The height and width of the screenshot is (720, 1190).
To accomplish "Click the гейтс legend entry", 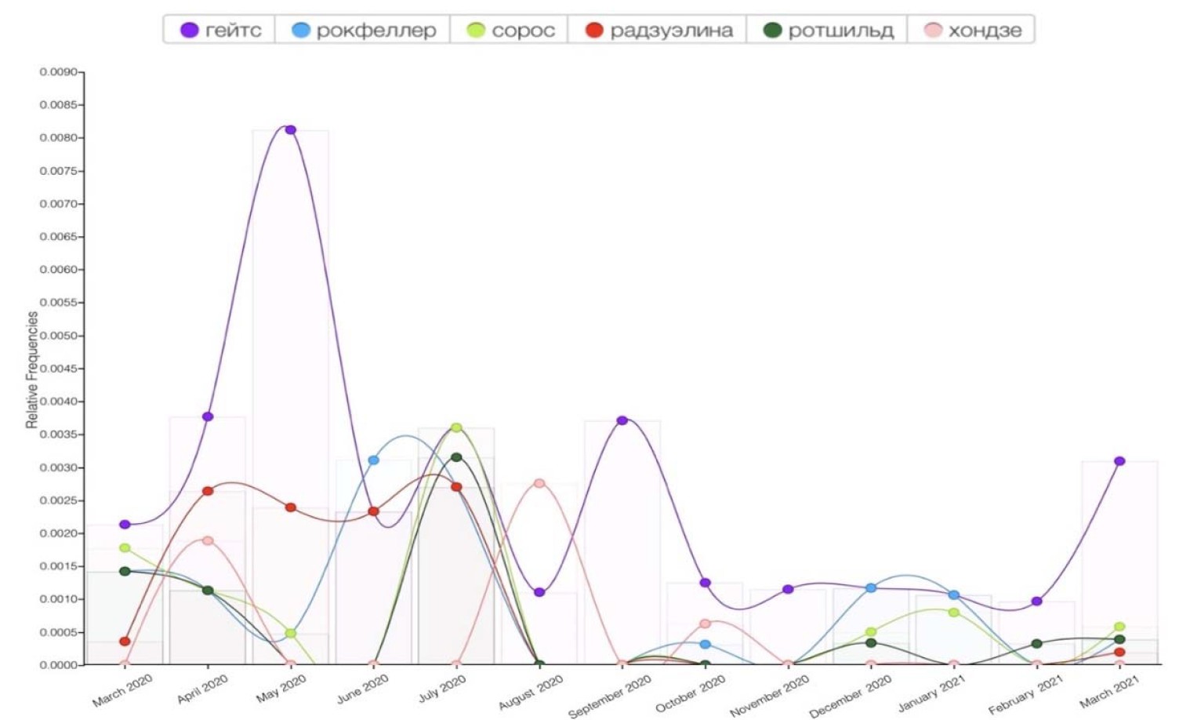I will (220, 30).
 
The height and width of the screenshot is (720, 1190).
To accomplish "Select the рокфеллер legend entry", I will (363, 30).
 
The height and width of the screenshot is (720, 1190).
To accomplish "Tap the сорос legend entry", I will (510, 30).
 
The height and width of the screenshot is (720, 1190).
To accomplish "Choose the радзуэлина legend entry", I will (658, 30).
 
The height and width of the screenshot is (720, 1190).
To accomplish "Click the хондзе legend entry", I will (973, 30).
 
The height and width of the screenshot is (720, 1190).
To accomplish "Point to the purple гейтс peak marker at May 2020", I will (290, 129).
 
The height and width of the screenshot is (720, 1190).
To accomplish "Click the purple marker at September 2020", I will (622, 420).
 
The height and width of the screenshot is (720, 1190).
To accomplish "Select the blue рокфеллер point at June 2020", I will (373, 460).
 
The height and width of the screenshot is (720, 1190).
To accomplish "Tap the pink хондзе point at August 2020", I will (539, 483).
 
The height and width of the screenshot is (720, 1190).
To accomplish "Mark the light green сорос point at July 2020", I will (456, 427).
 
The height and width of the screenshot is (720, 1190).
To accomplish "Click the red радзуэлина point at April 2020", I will (208, 491).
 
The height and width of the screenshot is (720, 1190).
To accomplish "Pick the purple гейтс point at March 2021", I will (1119, 461).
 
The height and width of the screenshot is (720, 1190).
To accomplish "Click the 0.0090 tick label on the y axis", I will (59, 72).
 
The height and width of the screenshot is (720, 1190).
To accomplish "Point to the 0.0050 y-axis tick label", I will (59, 336).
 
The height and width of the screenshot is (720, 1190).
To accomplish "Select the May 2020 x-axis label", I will (281, 689).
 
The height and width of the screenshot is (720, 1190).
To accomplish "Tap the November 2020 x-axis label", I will (769, 696).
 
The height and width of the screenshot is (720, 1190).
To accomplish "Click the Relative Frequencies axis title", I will (32, 369).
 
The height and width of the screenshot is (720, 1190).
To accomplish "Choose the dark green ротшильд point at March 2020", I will (125, 571).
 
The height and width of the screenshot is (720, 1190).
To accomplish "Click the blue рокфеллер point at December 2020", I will (871, 587).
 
